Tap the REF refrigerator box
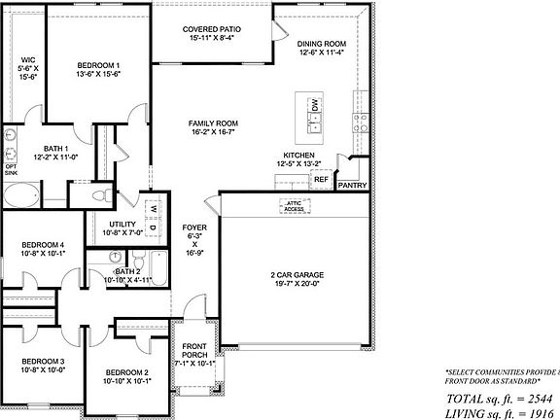(x=320, y=179)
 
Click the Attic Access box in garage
(x=293, y=205)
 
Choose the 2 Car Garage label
(x=297, y=280)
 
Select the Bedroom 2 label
(x=126, y=377)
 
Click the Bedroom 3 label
(x=43, y=366)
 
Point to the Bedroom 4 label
(x=43, y=250)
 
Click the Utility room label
(x=122, y=228)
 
